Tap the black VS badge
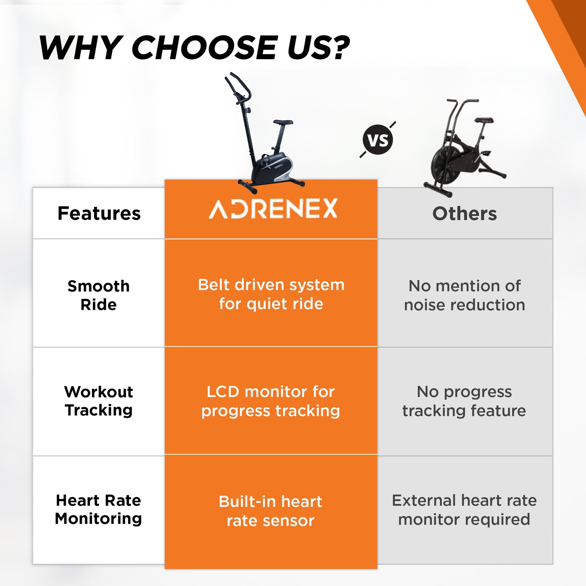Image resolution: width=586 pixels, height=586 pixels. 378,140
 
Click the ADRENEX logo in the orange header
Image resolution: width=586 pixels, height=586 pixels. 273,208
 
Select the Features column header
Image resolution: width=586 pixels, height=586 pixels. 99,213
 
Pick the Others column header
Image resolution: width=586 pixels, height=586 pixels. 465,213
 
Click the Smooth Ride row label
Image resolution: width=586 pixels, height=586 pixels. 99,295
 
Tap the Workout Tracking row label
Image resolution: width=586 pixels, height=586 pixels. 99,401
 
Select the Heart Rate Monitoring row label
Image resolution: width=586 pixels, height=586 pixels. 99,509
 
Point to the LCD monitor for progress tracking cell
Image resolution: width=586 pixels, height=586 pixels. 270,401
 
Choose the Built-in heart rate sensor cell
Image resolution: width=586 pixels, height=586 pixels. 270,511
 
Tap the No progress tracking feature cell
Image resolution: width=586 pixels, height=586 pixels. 464,401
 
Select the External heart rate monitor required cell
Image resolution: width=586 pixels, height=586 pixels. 464,510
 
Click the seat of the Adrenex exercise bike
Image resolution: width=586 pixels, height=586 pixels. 283,122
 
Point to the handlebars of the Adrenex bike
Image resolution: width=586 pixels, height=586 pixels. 238,88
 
